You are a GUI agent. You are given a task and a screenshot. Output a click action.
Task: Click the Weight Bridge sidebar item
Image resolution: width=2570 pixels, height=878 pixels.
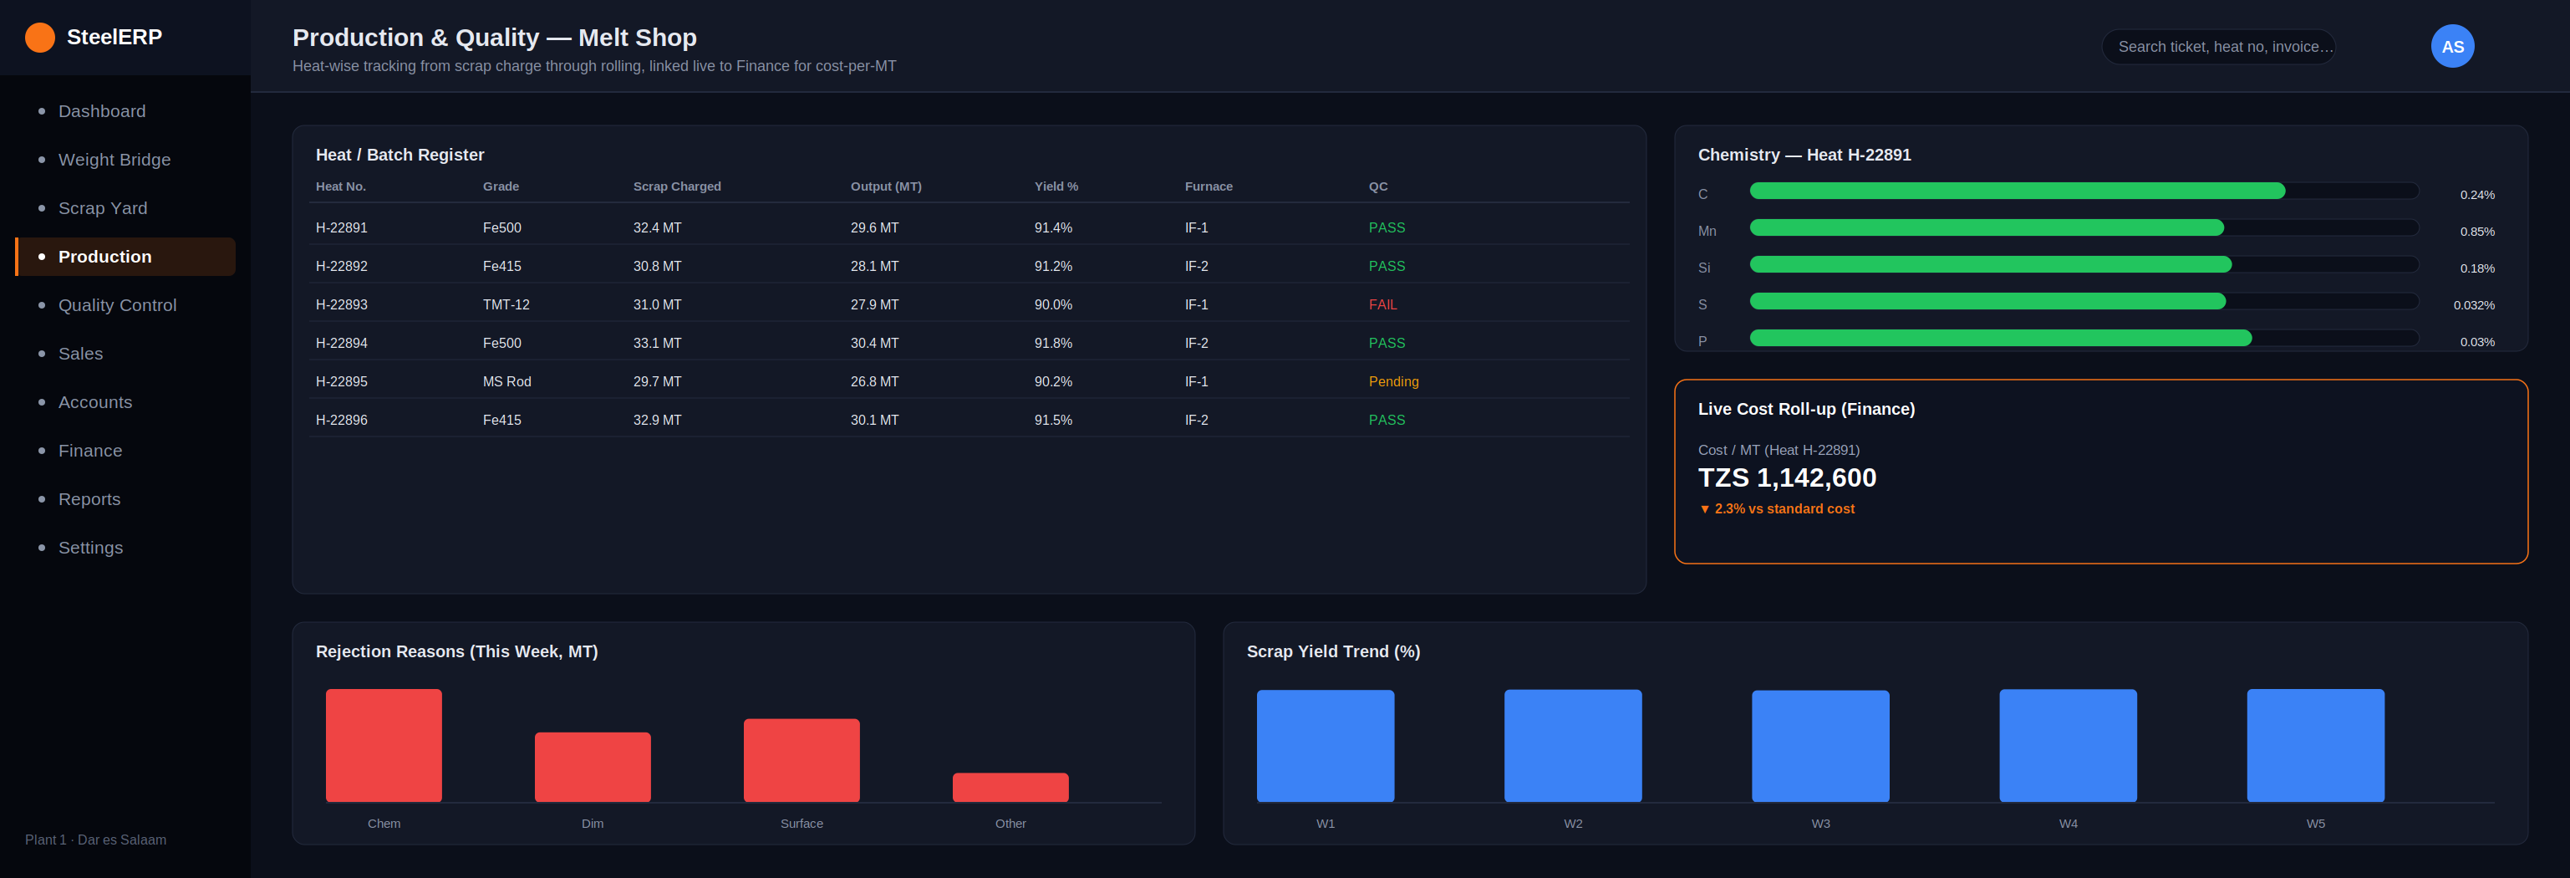pos(114,160)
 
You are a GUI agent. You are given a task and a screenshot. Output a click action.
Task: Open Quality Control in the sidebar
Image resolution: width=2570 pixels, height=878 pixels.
pos(117,305)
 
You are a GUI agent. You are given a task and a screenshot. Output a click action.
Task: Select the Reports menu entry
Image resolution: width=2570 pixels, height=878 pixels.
pos(89,499)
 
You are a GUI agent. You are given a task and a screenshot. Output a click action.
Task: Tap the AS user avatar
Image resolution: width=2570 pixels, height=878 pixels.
pos(2452,46)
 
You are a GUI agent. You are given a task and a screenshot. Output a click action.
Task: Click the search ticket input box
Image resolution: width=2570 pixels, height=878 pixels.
pos(2218,47)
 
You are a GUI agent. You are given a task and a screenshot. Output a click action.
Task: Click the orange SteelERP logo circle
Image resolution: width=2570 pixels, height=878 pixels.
pos(40,37)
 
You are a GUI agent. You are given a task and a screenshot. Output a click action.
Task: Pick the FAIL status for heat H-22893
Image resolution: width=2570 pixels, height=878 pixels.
pos(1382,304)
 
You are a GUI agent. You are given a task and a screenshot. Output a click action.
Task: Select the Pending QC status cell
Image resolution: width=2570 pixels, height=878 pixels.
pos(1392,381)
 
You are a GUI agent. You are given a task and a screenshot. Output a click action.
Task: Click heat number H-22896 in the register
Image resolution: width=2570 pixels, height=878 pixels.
pos(341,420)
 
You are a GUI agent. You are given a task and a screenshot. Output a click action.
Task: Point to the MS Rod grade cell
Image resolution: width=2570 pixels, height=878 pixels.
pos(506,381)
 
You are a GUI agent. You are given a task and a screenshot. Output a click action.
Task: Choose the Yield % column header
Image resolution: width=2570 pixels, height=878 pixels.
pos(1056,186)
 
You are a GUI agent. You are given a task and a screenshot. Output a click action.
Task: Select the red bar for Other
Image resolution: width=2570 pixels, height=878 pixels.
pos(1010,787)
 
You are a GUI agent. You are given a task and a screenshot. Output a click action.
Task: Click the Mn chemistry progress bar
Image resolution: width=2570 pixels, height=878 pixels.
pos(1987,227)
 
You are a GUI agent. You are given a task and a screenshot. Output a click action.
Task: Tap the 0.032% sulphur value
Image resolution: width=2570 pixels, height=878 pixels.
pos(2474,305)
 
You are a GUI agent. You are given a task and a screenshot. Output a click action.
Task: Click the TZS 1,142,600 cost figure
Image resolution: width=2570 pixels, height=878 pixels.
pos(1787,478)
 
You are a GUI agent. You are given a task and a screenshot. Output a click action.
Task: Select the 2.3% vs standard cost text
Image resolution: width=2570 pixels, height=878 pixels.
pos(1784,509)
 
